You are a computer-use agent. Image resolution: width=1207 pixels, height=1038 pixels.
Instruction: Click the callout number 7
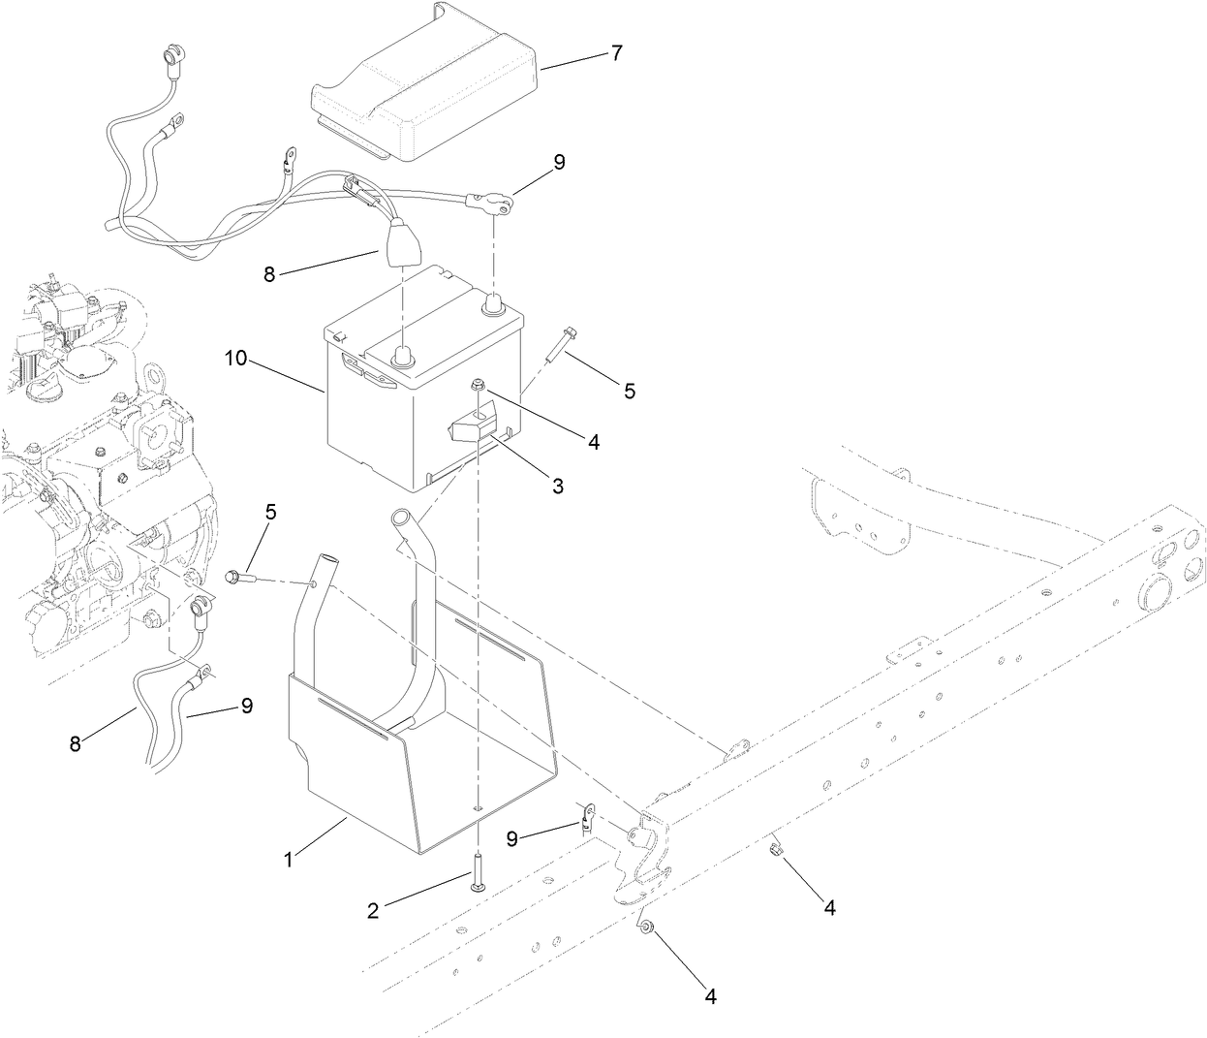click(616, 52)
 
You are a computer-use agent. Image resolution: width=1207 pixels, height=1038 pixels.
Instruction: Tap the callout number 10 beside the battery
click(236, 359)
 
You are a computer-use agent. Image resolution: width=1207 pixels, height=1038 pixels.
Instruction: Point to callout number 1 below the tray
click(288, 857)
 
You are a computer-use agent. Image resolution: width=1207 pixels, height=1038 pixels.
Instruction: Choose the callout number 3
click(557, 486)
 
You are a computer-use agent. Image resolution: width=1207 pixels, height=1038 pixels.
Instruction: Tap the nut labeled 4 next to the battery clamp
click(478, 387)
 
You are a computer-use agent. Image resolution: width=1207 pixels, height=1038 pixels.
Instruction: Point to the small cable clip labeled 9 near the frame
click(585, 819)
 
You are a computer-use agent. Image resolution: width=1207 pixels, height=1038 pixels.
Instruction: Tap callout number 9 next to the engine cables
click(246, 707)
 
